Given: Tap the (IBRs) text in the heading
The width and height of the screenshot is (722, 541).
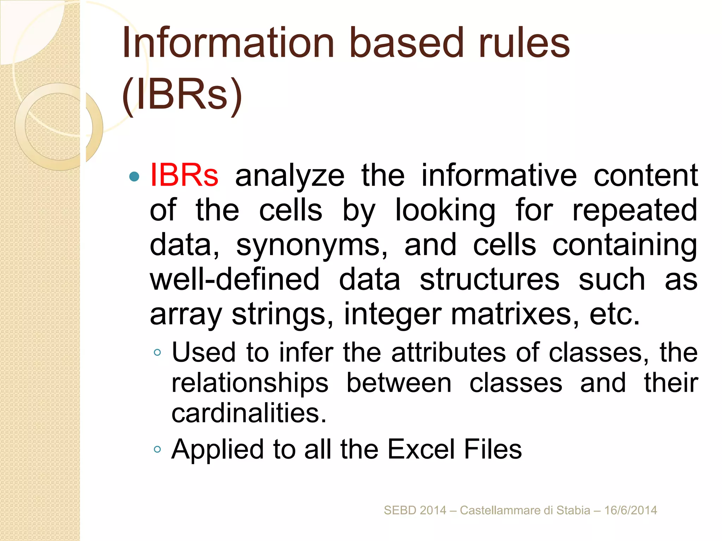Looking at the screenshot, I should pos(182,94).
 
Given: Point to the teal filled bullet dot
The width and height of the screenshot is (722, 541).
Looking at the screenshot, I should pos(134,176).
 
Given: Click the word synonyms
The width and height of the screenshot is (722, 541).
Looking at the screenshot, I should pos(312,245).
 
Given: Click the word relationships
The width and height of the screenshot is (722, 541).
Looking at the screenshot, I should pos(250,383).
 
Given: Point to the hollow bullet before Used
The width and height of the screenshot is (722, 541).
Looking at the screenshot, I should pos(158,352).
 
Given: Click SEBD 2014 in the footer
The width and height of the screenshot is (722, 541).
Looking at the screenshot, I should pos(415,510).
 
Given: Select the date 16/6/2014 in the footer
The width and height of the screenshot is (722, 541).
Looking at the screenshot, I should pos(631,510).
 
